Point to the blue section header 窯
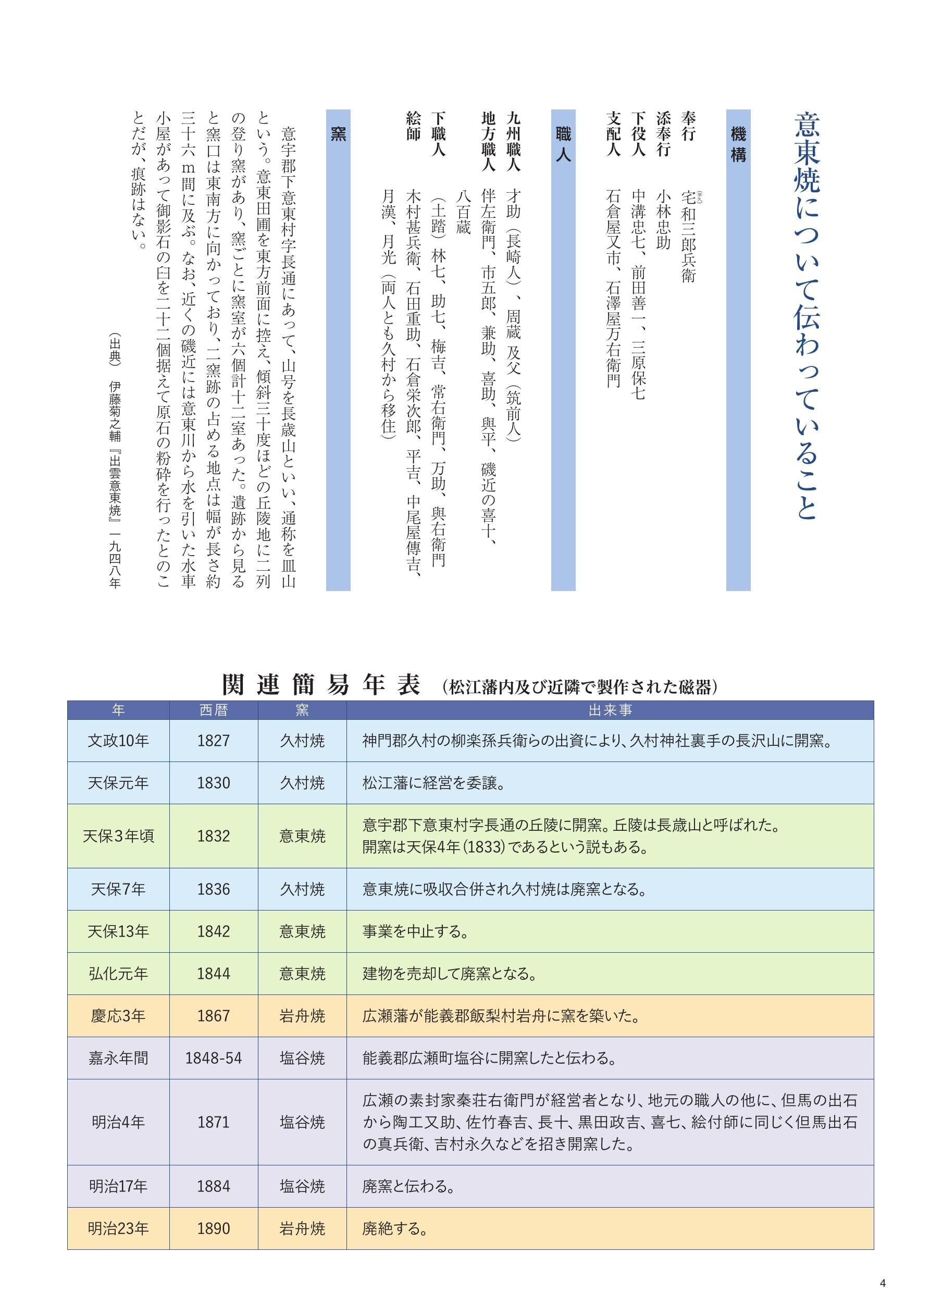[338, 134]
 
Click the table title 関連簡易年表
[321, 685]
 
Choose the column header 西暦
[214, 710]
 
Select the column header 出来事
[610, 710]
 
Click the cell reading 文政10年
[118, 741]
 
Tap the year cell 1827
[214, 741]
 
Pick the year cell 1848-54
[214, 1058]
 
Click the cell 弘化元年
[118, 974]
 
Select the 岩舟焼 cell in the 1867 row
[302, 1016]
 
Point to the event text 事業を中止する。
[416, 931]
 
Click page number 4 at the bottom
[883, 1283]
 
